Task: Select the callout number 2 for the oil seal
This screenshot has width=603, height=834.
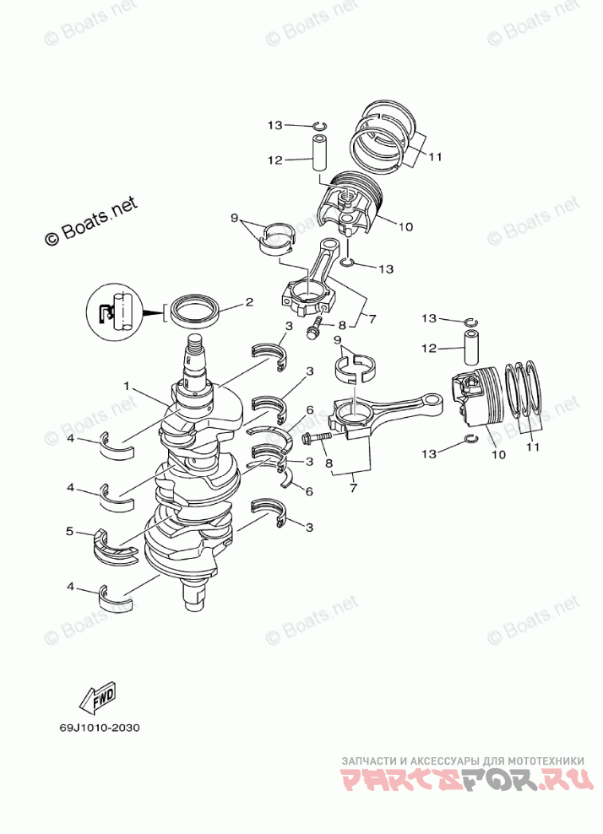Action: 249,301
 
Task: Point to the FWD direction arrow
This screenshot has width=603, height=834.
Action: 97,699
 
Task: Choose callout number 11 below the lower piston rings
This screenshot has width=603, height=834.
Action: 532,447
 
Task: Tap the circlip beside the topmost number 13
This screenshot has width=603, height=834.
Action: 319,127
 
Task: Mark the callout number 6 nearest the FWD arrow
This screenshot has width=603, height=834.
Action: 309,490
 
